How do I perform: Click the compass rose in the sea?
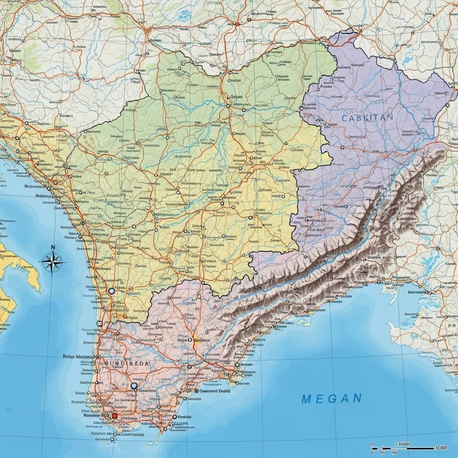(x=52, y=263)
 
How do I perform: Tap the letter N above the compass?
(x=53, y=247)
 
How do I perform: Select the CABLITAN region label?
(x=367, y=117)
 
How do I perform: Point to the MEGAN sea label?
(x=331, y=398)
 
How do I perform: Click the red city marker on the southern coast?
(x=114, y=416)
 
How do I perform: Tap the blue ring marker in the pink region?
(x=134, y=386)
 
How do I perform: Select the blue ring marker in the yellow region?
(x=112, y=291)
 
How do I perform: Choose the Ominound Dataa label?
(x=215, y=391)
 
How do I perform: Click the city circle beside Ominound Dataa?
(x=196, y=391)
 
